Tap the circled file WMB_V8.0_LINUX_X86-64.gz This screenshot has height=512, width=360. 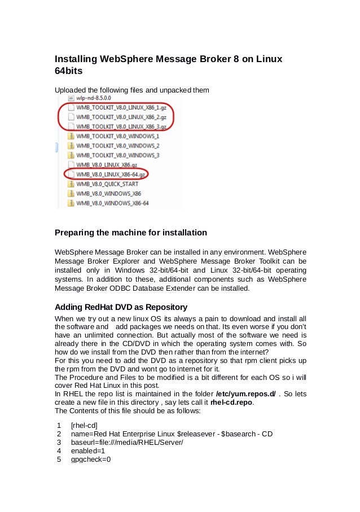point(111,174)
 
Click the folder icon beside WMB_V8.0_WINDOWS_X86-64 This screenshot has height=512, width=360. point(71,203)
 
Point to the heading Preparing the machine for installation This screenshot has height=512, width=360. point(130,233)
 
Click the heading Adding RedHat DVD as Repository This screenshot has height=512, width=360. point(121,308)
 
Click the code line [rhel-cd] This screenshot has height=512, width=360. point(84,425)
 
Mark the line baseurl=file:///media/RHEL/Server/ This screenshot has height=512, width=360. point(126,443)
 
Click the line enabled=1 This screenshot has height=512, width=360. point(87,451)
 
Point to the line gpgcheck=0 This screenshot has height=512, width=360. point(90,460)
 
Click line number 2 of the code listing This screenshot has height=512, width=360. point(59,434)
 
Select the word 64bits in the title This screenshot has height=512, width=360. point(69,72)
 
